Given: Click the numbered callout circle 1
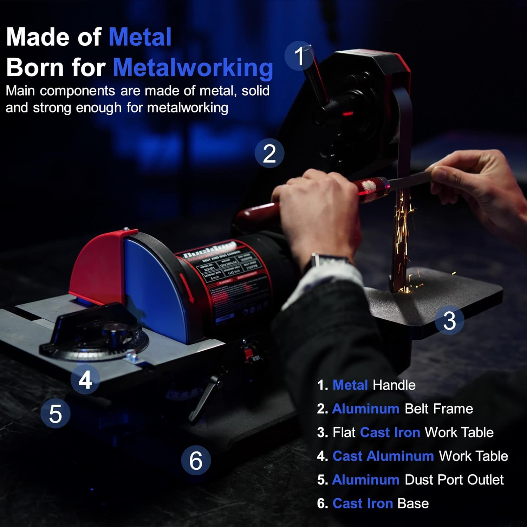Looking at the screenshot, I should pos(299,56).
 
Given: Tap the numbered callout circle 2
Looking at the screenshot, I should pos(269,154).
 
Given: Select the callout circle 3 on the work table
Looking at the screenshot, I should pos(449,320).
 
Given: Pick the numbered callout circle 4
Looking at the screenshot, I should pos(85,379).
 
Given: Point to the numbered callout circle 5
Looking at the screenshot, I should pos(56,413).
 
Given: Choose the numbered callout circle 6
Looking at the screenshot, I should pos(196,460).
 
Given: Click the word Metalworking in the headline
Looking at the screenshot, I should pos(193,67).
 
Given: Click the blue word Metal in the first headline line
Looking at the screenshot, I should pos(140,37).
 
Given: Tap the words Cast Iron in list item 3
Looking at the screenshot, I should pos(390,432).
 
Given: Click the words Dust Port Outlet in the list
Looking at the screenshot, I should pos(454,480).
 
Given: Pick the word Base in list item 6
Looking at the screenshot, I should pos(413,503).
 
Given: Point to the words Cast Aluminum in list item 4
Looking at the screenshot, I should pos(383,456).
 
